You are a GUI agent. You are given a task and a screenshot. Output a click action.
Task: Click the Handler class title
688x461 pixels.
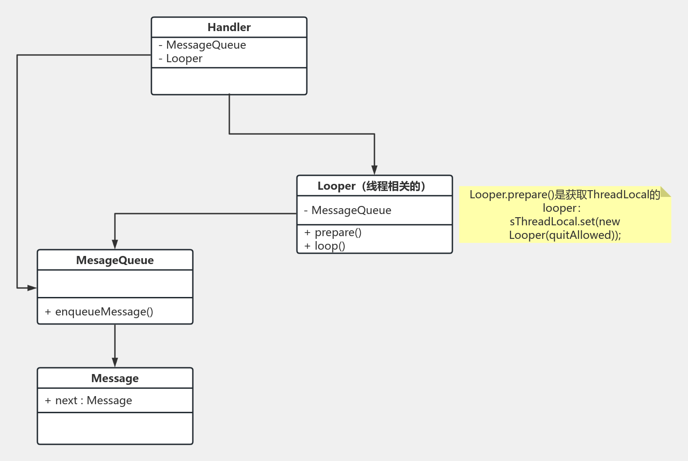click(x=229, y=27)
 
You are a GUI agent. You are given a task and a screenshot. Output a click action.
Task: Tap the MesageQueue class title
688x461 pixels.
click(x=115, y=260)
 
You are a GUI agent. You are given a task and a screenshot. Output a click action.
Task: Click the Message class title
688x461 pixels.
click(x=115, y=379)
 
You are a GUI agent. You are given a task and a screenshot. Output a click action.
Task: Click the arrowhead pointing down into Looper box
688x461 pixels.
click(x=374, y=170)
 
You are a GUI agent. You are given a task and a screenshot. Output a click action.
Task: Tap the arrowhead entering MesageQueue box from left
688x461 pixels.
click(x=32, y=288)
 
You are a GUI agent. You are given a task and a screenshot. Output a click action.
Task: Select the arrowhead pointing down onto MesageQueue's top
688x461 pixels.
click(x=115, y=244)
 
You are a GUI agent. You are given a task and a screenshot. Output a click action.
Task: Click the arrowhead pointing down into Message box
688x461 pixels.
click(x=115, y=362)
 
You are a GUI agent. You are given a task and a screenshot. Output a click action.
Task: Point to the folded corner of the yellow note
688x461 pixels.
click(x=666, y=192)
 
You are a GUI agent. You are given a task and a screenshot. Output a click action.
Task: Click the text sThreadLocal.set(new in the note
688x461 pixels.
click(x=565, y=222)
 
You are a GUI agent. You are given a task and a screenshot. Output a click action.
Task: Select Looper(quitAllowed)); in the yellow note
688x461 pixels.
click(x=565, y=235)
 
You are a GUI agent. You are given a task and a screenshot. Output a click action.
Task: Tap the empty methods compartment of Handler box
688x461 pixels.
click(x=229, y=81)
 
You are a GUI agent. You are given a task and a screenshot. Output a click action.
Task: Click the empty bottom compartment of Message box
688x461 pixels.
click(x=115, y=428)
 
